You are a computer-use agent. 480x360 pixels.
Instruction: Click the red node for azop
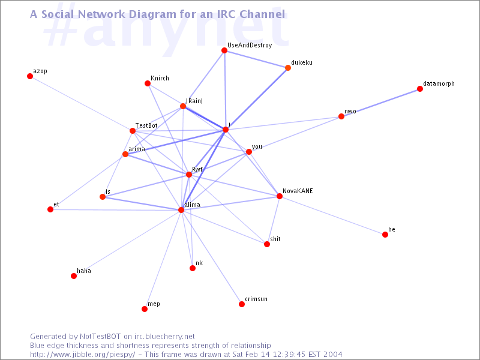(x=30, y=76)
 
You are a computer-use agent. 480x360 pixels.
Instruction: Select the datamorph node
(x=420, y=89)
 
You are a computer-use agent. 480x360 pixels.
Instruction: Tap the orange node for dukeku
(x=288, y=68)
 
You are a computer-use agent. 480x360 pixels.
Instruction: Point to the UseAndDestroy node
(x=224, y=50)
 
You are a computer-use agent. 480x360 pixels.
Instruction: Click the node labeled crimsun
(x=242, y=304)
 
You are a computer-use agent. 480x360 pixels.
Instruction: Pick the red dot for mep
(x=145, y=309)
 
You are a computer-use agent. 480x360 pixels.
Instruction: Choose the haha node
(x=74, y=276)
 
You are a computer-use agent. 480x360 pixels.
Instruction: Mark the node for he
(x=385, y=235)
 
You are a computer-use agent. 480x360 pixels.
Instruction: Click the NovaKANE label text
(x=298, y=191)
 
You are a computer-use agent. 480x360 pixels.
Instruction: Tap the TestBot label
(x=146, y=125)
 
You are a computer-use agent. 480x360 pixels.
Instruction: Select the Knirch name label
(x=160, y=79)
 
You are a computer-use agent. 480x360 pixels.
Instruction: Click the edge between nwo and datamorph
(x=380, y=103)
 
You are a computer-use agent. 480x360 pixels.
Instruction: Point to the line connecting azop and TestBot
(x=81, y=103)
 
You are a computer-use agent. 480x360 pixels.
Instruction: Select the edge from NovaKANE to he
(x=332, y=215)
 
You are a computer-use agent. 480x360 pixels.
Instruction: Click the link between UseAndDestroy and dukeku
(x=256, y=59)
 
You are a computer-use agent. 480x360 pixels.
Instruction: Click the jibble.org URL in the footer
(x=82, y=355)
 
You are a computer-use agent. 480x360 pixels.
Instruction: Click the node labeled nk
(x=193, y=268)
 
